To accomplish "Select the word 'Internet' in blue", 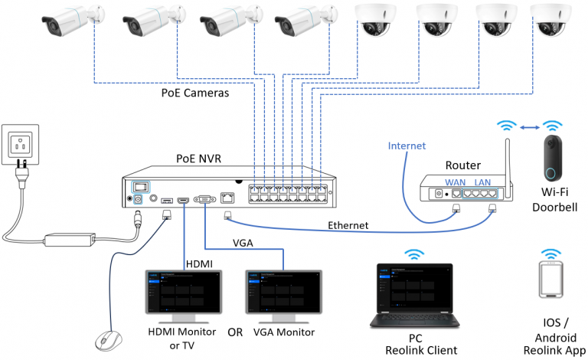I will pyautogui.click(x=407, y=146).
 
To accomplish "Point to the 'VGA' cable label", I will pyautogui.click(x=244, y=244).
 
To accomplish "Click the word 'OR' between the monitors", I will pyautogui.click(x=236, y=333).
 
